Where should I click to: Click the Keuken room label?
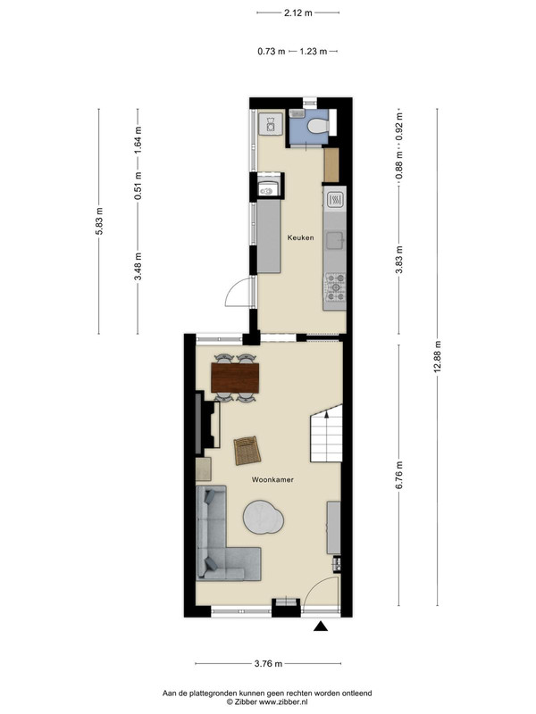(x=300, y=237)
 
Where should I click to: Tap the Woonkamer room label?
(x=272, y=479)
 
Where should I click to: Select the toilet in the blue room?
(x=317, y=125)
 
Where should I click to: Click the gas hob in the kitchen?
(x=335, y=287)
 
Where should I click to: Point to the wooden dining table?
(x=235, y=378)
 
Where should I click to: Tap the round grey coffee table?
(x=264, y=517)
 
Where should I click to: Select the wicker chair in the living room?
(x=247, y=451)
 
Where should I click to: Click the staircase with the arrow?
(x=326, y=433)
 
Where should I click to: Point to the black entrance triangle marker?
(x=321, y=627)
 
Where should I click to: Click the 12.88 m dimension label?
(x=438, y=357)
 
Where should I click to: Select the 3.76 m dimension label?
(x=269, y=663)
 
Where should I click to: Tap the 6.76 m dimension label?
(x=399, y=476)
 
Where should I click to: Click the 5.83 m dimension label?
(x=99, y=220)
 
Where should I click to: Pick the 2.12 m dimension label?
(x=298, y=12)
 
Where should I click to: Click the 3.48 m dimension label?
(x=138, y=266)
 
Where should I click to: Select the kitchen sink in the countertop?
(x=335, y=240)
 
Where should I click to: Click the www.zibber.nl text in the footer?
(x=283, y=702)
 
